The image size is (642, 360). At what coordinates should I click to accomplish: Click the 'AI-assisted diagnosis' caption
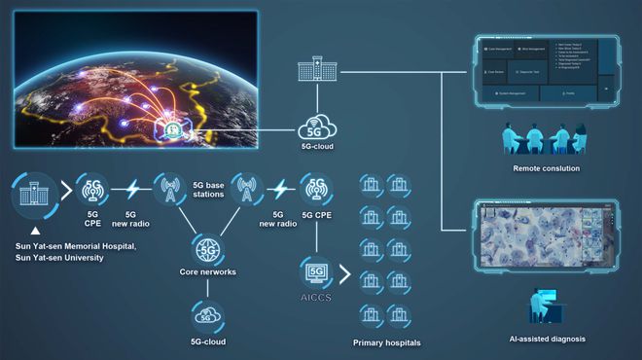point(546,340)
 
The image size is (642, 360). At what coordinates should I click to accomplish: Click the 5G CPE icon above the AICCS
point(316,189)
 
